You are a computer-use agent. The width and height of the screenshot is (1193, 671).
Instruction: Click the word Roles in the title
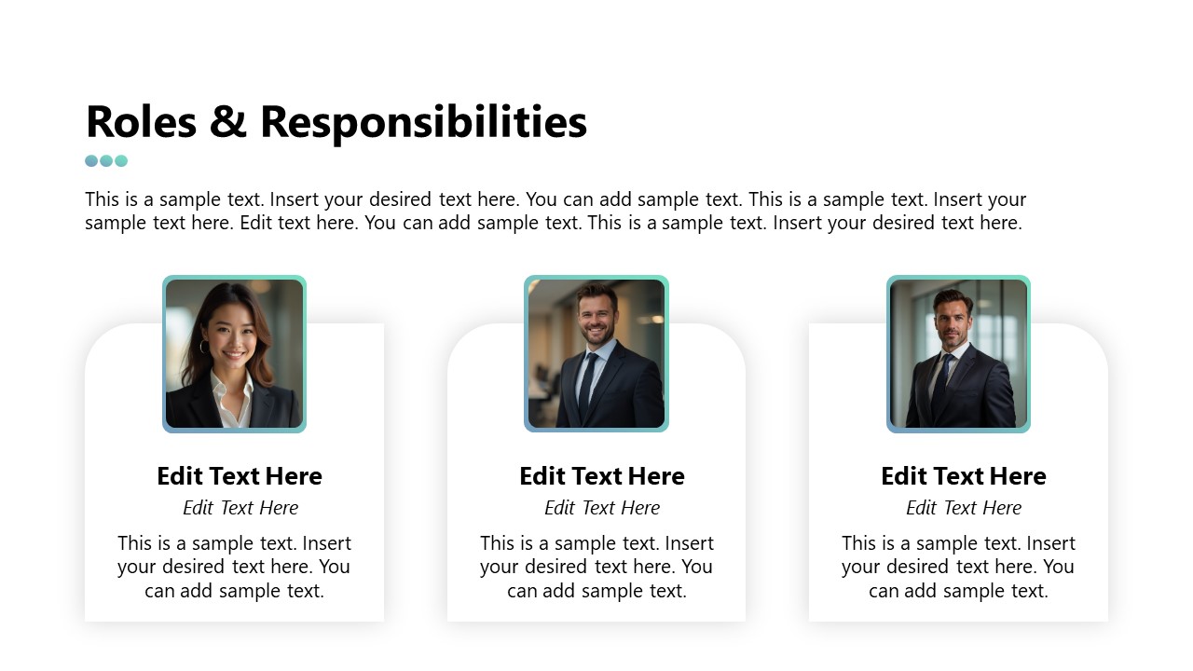click(141, 122)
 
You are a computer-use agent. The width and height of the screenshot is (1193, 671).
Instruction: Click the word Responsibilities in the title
click(423, 122)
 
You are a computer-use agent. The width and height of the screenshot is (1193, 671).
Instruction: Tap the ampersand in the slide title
click(228, 122)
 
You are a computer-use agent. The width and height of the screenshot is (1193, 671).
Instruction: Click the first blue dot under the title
click(91, 160)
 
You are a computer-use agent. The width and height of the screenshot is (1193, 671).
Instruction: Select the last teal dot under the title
click(121, 160)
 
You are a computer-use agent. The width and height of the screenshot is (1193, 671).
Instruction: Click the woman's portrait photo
click(234, 354)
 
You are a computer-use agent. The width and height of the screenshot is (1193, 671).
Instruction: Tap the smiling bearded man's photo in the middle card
click(596, 354)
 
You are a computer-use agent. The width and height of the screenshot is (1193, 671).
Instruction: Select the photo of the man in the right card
click(958, 354)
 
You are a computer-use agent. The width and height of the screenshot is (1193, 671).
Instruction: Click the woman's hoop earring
click(203, 347)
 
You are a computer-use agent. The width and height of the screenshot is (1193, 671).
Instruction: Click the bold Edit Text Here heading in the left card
click(240, 476)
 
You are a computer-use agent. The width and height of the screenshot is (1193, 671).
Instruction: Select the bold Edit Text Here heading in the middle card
click(602, 476)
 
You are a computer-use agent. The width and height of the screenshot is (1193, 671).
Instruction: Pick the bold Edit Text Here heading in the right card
click(964, 476)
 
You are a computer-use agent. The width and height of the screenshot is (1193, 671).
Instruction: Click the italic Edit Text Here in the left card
click(240, 508)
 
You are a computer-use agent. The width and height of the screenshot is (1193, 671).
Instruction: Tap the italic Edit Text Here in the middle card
click(602, 508)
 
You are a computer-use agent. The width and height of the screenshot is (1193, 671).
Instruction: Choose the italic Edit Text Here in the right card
click(964, 508)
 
